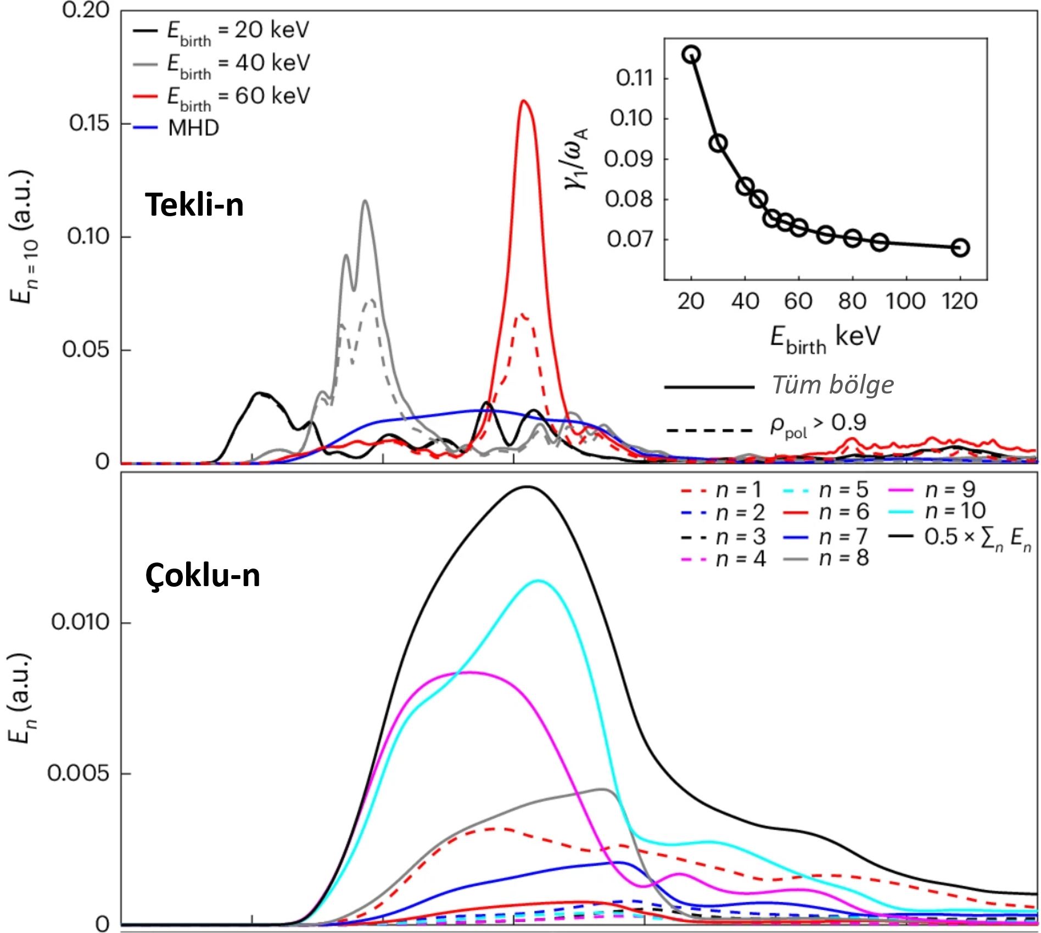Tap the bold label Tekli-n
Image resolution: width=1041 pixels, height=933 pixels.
(x=194, y=205)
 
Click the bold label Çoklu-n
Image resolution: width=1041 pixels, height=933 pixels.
(x=203, y=576)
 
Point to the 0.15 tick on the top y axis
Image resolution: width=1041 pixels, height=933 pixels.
(x=91, y=123)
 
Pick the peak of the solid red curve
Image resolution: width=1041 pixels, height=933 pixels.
(x=524, y=100)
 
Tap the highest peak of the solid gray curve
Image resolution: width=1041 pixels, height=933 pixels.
(x=365, y=201)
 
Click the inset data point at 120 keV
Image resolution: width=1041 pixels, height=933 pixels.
(x=960, y=248)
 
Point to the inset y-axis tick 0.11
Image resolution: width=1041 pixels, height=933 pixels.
(x=635, y=78)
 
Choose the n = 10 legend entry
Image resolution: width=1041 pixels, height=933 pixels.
(x=955, y=511)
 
